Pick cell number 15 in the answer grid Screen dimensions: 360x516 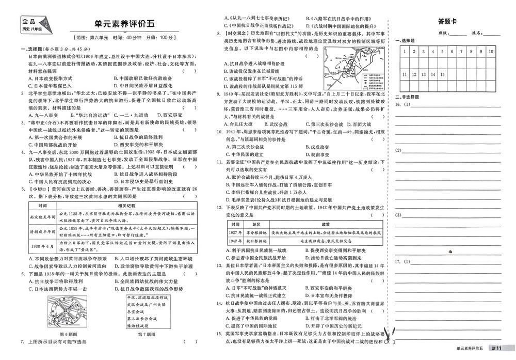[x=443, y=74]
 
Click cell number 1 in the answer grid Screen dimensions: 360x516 [x=406, y=52]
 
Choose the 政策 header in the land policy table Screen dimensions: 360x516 [x=326, y=225]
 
